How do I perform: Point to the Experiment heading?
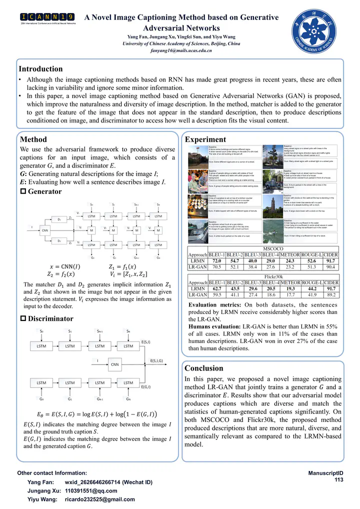[205, 139]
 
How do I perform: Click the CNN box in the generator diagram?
[45, 230]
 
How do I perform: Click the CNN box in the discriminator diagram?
[114, 364]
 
